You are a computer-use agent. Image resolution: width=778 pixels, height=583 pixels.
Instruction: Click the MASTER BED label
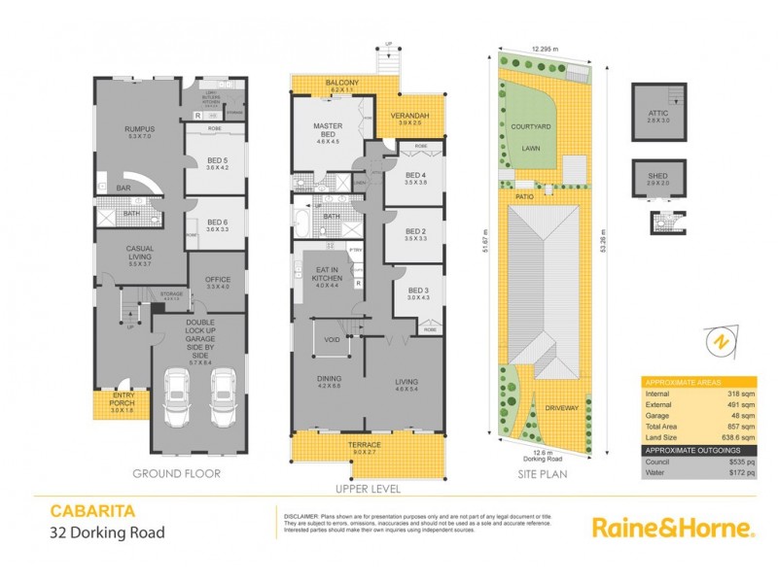(327, 129)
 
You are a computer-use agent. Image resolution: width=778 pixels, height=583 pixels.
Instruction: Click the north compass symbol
(720, 343)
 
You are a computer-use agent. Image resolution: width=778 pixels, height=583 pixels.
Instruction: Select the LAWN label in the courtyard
(531, 150)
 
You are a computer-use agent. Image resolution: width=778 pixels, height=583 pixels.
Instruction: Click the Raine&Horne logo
(672, 528)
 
